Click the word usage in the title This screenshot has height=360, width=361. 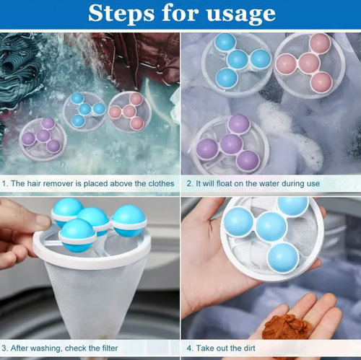click(x=240, y=14)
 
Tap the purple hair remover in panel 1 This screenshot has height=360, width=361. click(x=41, y=136)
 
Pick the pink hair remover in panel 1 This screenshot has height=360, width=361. click(x=129, y=110)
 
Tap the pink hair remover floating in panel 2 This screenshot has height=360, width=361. click(x=308, y=63)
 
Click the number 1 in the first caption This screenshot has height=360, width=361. click(x=5, y=183)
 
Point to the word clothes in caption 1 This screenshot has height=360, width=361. click(x=158, y=183)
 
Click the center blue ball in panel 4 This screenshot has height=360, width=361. click(x=271, y=226)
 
